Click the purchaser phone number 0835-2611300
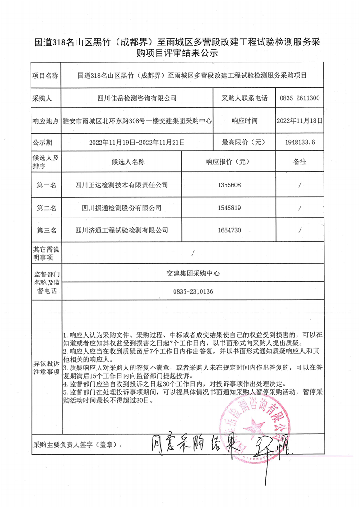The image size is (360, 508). [x=300, y=98]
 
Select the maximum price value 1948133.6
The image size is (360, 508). [x=300, y=142]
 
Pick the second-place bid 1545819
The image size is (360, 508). [x=229, y=208]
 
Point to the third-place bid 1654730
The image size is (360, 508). [x=229, y=231]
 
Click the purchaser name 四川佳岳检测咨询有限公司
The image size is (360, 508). [x=137, y=98]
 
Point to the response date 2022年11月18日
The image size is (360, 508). [x=300, y=120]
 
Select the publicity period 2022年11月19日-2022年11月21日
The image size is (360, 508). [x=137, y=142]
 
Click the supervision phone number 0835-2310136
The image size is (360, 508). [x=192, y=292]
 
